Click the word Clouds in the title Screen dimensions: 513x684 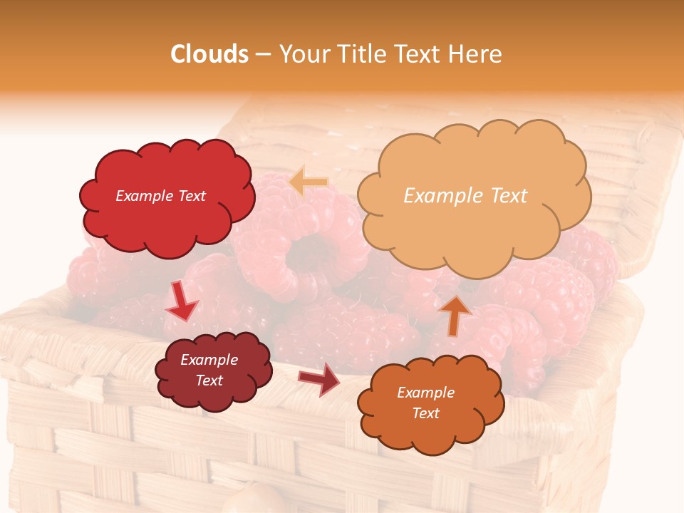pos(209,54)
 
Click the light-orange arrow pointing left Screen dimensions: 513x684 pos(309,182)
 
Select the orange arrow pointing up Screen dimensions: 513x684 pos(455,315)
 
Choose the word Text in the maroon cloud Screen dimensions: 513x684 pos(209,380)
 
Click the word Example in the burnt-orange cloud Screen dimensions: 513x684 pos(425,393)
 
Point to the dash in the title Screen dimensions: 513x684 pos(263,55)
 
